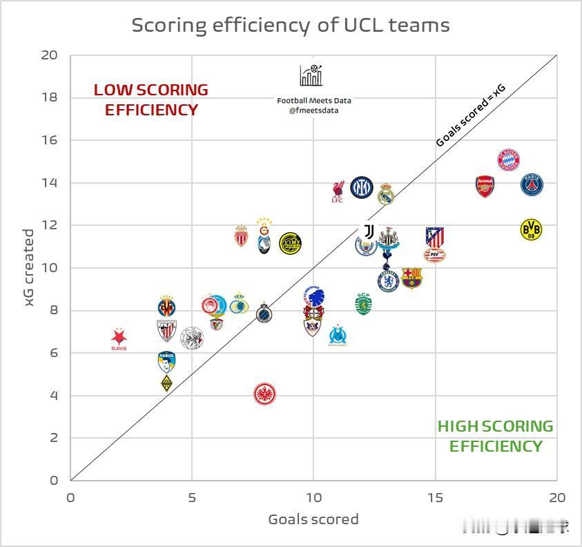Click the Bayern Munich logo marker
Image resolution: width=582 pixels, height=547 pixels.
point(508,160)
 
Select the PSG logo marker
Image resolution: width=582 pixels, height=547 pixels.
point(532,185)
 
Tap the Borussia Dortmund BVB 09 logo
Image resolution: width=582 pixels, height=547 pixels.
point(530,229)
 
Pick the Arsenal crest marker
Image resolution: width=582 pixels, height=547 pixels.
point(485,186)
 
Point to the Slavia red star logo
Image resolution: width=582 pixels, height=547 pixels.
point(119,339)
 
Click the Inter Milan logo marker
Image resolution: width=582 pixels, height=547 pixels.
point(362,187)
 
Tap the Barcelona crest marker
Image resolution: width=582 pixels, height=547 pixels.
point(411,278)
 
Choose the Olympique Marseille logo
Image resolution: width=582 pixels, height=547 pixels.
point(338,336)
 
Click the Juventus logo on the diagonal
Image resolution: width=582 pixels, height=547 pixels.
point(368,231)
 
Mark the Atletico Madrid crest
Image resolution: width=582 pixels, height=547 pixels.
point(435,237)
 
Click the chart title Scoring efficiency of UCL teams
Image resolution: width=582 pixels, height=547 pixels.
point(291,26)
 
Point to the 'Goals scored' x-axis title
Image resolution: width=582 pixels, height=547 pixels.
point(313,519)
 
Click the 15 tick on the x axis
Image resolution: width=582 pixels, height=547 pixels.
point(436,498)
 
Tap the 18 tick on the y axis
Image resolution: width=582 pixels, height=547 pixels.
point(49,97)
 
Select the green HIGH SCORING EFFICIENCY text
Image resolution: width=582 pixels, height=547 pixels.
point(495,436)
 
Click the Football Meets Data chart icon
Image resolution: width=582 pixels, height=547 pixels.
point(311,75)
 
